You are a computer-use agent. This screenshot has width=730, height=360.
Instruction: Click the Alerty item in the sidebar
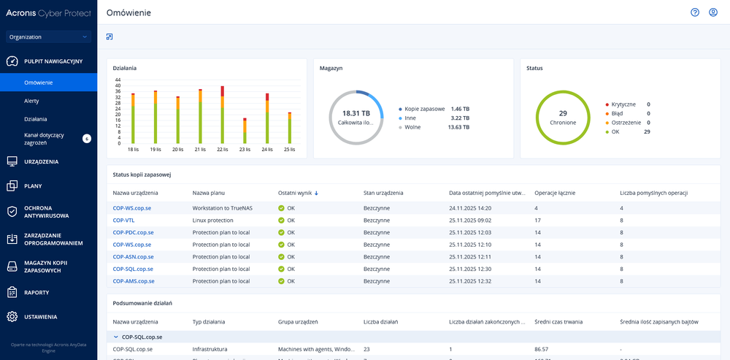31,101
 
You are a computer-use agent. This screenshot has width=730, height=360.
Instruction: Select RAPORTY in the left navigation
36,292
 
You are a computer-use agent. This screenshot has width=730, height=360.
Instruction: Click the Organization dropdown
48,37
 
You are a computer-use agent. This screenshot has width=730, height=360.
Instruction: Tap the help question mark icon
695,12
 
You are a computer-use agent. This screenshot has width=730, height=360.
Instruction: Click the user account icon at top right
713,12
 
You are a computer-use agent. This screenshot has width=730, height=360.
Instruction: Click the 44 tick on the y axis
118,80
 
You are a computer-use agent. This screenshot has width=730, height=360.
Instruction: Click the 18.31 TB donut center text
356,113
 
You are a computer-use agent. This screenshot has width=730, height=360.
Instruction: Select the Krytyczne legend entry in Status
624,104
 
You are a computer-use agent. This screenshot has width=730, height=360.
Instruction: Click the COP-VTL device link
123,220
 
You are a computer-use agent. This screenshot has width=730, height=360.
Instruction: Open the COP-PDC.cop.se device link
133,232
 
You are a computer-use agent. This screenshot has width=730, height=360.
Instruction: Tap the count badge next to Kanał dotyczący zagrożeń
86,137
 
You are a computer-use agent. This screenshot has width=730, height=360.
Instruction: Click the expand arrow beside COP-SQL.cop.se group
115,337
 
